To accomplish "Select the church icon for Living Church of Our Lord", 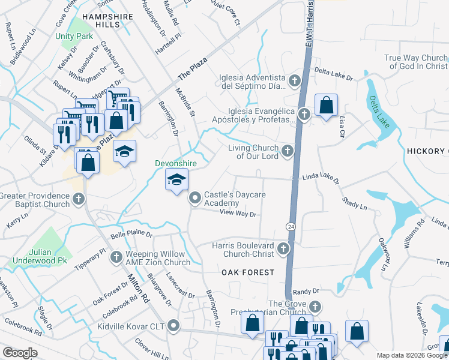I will click(x=288, y=151).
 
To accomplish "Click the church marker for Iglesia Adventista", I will click(x=294, y=80).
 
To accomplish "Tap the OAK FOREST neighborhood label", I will click(x=248, y=272).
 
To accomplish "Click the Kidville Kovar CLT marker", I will click(x=174, y=326).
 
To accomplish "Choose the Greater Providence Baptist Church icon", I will click(x=78, y=199).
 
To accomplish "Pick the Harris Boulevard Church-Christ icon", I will click(x=283, y=248).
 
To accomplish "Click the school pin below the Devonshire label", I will click(x=176, y=180).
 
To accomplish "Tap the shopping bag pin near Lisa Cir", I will click(x=326, y=106).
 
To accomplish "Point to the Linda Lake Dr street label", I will click(x=321, y=178).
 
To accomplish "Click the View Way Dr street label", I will click(x=238, y=213).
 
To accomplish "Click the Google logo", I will click(x=20, y=353).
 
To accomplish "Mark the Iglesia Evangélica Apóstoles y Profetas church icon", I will click(x=304, y=113).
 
